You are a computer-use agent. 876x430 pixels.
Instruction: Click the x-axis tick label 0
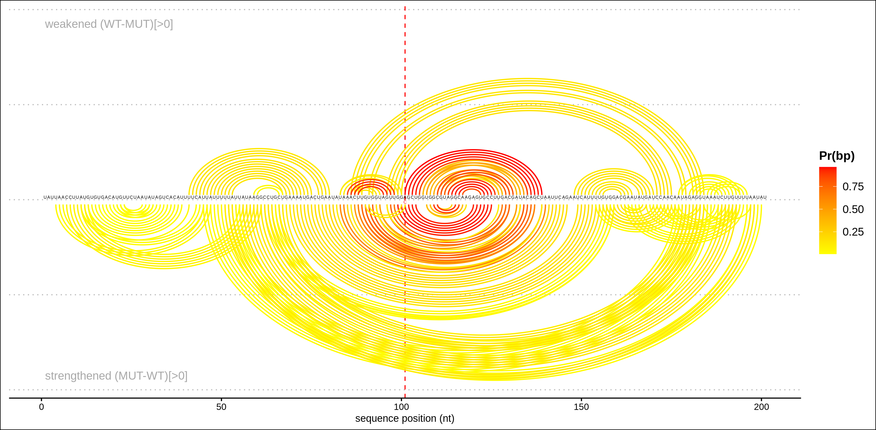click(41, 407)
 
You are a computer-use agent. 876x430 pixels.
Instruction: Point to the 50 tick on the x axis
click(221, 407)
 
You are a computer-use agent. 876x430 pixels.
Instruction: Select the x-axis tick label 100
click(401, 407)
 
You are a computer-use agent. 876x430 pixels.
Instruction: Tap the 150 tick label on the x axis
click(581, 407)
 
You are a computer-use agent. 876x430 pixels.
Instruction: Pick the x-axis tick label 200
click(761, 407)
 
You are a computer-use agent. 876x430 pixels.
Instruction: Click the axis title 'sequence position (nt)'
click(405, 418)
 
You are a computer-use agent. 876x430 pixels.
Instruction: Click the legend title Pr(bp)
click(837, 156)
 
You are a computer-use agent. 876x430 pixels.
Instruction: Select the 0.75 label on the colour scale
click(853, 187)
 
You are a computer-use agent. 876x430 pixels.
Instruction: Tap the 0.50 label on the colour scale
click(853, 209)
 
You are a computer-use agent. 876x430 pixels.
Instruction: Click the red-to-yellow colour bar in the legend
click(828, 210)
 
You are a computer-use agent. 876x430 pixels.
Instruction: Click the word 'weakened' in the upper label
click(71, 24)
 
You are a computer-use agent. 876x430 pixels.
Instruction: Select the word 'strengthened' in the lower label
click(78, 376)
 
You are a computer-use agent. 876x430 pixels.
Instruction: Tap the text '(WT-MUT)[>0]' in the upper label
click(136, 24)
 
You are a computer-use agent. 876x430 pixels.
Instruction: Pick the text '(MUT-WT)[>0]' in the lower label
click(151, 376)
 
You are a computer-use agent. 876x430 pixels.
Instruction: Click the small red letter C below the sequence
click(405, 202)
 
